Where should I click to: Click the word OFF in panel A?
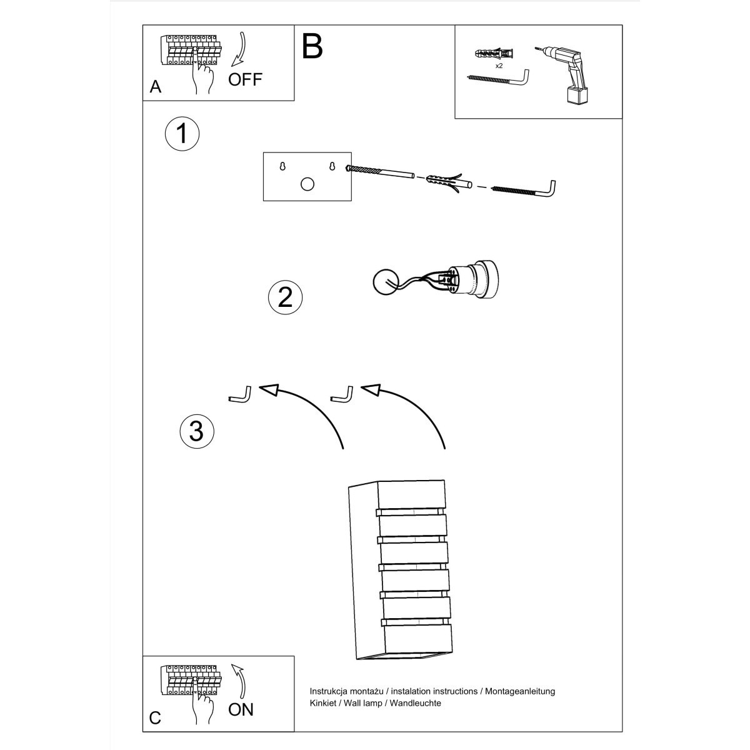click(245, 79)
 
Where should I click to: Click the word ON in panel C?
click(241, 709)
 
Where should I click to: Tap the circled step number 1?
click(182, 134)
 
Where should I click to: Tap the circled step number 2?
click(285, 297)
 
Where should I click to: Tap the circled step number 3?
click(196, 431)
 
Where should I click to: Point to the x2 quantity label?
click(499, 65)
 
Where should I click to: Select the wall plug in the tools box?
click(494, 54)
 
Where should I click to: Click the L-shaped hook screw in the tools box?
click(500, 79)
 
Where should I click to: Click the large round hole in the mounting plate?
click(307, 184)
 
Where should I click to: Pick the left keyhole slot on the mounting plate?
click(282, 166)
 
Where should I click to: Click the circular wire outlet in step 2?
click(385, 282)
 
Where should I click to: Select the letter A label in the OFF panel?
click(156, 87)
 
